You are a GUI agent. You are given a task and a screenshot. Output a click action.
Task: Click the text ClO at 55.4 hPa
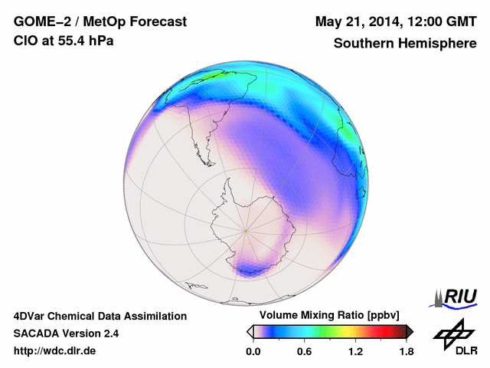(64, 41)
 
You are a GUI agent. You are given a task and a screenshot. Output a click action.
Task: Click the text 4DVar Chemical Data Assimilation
(100, 316)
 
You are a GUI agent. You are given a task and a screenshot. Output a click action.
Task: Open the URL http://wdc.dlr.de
(55, 351)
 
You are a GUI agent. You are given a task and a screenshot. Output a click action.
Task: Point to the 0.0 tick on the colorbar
(253, 351)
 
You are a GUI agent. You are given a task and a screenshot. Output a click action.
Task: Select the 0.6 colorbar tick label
(305, 351)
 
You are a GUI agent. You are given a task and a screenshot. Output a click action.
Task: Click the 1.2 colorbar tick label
(355, 351)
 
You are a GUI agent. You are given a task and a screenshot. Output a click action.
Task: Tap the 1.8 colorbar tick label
(406, 351)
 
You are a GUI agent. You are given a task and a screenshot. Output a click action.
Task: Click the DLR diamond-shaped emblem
(452, 330)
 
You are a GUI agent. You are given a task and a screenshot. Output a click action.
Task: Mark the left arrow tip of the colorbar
(249, 331)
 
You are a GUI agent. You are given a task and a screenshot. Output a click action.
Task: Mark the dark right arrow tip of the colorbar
(410, 331)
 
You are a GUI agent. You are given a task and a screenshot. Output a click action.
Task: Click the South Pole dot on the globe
(245, 228)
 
